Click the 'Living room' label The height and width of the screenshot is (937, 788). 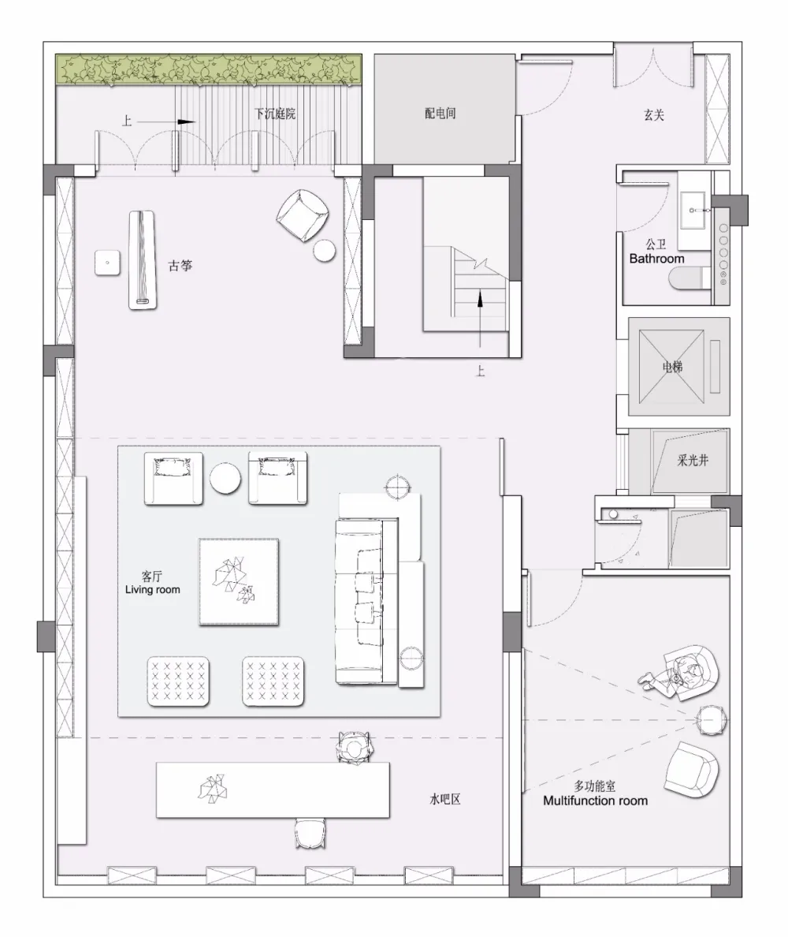pos(152,589)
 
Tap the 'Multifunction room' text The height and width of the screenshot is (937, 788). pos(595,801)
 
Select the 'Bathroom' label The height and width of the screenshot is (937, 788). pos(656,258)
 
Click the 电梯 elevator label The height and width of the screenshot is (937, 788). pos(674,367)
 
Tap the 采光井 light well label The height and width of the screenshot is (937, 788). pos(692,460)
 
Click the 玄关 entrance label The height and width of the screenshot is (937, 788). pos(653,115)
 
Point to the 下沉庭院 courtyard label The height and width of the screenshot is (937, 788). pos(274,114)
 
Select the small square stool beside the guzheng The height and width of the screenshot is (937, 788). pos(106,262)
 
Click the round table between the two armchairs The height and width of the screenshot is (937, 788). pos(225,478)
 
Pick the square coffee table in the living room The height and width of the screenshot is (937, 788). pos(238,582)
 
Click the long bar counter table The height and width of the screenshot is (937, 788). pos(273,790)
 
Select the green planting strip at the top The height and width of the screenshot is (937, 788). pos(208,70)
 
